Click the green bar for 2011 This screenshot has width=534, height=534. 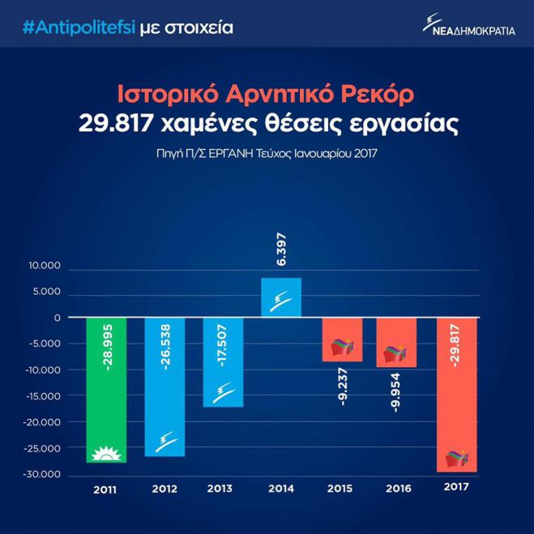click(x=106, y=389)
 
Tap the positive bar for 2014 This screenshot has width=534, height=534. click(x=281, y=297)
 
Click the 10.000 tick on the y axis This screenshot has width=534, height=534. click(x=45, y=266)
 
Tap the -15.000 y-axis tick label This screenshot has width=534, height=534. click(x=42, y=396)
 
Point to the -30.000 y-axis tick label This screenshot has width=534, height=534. click(x=42, y=474)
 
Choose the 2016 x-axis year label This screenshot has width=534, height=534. click(x=397, y=489)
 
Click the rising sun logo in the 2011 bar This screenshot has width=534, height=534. click(x=106, y=451)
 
